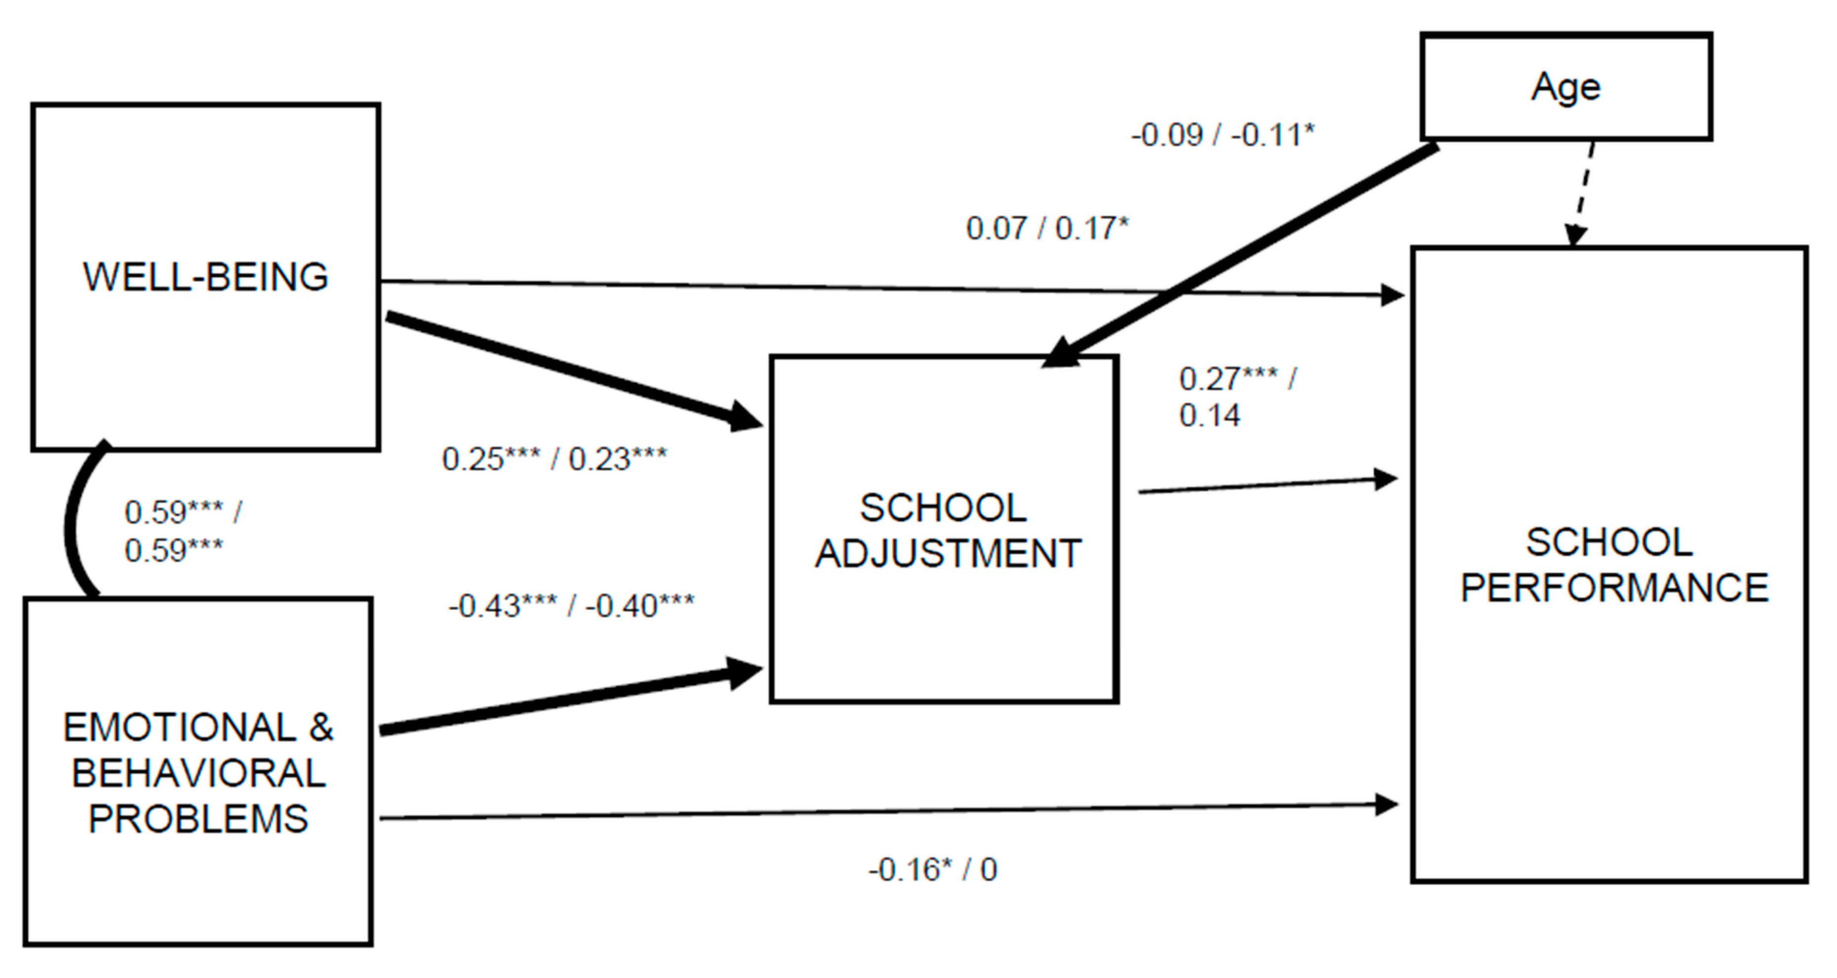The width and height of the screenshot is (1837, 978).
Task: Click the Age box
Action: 1566,86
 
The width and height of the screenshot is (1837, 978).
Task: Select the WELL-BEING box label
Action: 206,277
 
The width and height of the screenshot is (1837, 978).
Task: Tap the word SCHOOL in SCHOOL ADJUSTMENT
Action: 943,508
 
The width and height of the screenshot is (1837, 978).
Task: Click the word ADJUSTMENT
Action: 948,554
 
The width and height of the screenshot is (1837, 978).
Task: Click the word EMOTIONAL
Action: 178,727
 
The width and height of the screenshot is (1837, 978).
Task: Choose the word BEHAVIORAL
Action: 199,773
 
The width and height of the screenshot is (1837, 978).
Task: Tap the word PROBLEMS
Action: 198,818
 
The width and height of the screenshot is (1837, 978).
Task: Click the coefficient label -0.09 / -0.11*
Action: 1222,135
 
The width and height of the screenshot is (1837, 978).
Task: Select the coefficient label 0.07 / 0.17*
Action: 1047,228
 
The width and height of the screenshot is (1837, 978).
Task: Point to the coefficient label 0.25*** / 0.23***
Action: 554,459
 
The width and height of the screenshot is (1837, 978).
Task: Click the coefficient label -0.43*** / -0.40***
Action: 571,606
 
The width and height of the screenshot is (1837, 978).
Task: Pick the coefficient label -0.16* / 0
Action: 932,870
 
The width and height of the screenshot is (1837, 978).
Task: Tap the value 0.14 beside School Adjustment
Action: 1209,416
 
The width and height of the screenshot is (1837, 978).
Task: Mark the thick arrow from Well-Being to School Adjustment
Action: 570,371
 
